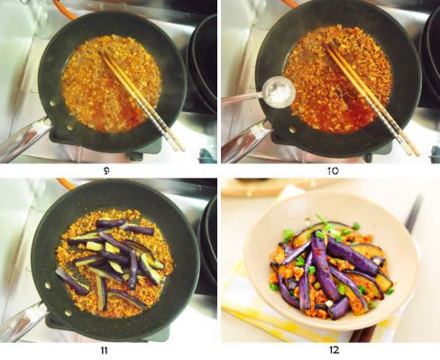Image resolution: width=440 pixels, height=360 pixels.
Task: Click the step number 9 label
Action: click(106, 171)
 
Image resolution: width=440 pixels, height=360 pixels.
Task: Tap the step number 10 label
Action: click(333, 171)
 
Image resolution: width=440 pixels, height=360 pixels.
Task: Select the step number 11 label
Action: click(105, 350)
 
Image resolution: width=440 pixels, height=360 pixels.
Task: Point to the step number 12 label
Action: click(334, 350)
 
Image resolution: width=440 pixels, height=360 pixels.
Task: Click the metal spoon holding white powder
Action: click(270, 93)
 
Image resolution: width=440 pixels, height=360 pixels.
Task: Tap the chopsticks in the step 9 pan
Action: click(142, 100)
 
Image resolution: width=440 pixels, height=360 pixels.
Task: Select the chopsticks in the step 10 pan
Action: click(372, 100)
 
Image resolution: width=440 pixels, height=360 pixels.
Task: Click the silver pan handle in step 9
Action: click(25, 138)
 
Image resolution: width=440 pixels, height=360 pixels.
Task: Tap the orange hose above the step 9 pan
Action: click(64, 9)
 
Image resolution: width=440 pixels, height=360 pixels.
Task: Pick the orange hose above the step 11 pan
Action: click(65, 184)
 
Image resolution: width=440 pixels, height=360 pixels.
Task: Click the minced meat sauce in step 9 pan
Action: click(111, 84)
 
